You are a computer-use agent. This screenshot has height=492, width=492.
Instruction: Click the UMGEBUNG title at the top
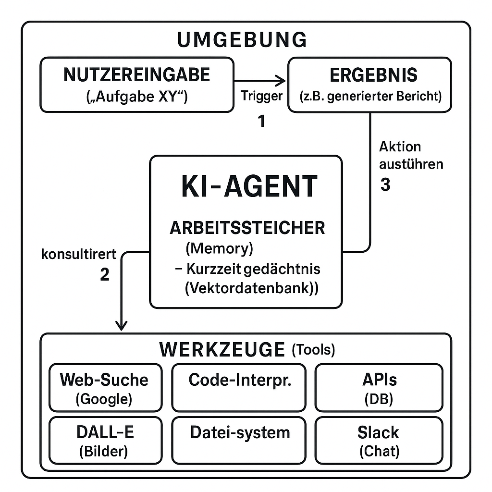[242, 40]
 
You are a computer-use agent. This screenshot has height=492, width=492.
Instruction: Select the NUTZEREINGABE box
[137, 85]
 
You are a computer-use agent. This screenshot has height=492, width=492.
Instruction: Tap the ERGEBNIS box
[369, 85]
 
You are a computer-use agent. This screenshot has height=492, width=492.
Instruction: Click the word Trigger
[261, 96]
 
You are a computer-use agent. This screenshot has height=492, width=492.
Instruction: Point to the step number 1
[261, 122]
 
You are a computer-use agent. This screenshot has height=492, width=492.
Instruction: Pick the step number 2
[104, 274]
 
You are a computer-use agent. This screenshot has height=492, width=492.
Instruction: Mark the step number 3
[385, 185]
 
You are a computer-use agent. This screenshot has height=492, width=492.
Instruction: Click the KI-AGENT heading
[249, 186]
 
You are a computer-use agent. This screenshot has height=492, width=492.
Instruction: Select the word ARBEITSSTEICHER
[247, 228]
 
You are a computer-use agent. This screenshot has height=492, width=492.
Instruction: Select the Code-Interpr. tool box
[239, 388]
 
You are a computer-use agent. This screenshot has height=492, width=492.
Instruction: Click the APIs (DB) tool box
[379, 388]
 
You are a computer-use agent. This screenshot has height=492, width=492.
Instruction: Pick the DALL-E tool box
[105, 440]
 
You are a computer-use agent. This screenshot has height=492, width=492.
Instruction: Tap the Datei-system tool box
[239, 440]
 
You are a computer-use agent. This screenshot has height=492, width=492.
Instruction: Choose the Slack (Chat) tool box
[379, 440]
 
